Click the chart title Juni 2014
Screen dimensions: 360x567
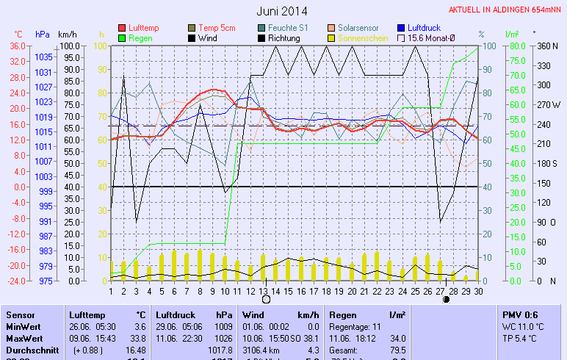[x=282, y=11]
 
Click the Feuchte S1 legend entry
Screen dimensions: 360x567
[x=286, y=28]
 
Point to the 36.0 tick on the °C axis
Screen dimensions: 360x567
[x=17, y=46]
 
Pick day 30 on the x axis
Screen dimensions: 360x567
[x=477, y=291]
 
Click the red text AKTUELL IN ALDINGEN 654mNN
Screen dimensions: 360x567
[x=506, y=10]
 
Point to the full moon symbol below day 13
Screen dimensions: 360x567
[x=266, y=299]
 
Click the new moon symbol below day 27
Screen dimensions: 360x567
[x=446, y=299]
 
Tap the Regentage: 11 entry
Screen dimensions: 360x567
[x=355, y=325]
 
